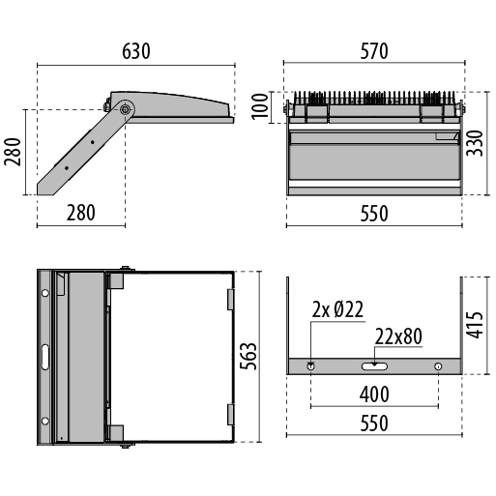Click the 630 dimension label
(x=136, y=51)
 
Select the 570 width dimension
(x=374, y=51)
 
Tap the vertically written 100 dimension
(x=260, y=106)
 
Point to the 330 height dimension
(x=475, y=143)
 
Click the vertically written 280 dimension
(x=13, y=152)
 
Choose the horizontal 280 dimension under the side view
(x=81, y=213)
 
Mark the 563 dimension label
(x=248, y=356)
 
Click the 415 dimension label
(x=475, y=325)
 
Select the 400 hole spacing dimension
(x=374, y=394)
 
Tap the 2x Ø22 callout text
(x=337, y=309)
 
